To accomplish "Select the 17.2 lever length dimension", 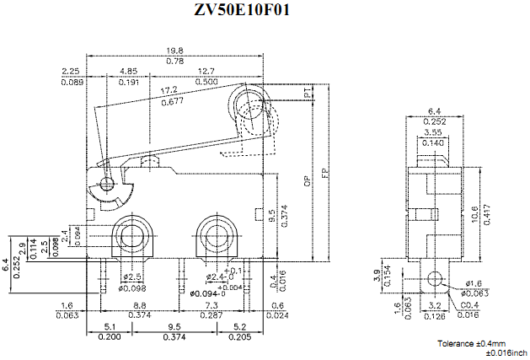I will pos(169,90).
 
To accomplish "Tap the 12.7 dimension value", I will pos(204,72).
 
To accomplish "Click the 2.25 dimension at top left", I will pos(71,72).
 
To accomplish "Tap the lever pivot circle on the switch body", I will pos(107,184).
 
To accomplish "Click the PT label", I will pos(307,98).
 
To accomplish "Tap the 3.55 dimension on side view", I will pos(433,132).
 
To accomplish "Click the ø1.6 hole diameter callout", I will pos(474,283).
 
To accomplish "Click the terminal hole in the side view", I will pos(435,277).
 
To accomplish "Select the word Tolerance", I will pos(457,343).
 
